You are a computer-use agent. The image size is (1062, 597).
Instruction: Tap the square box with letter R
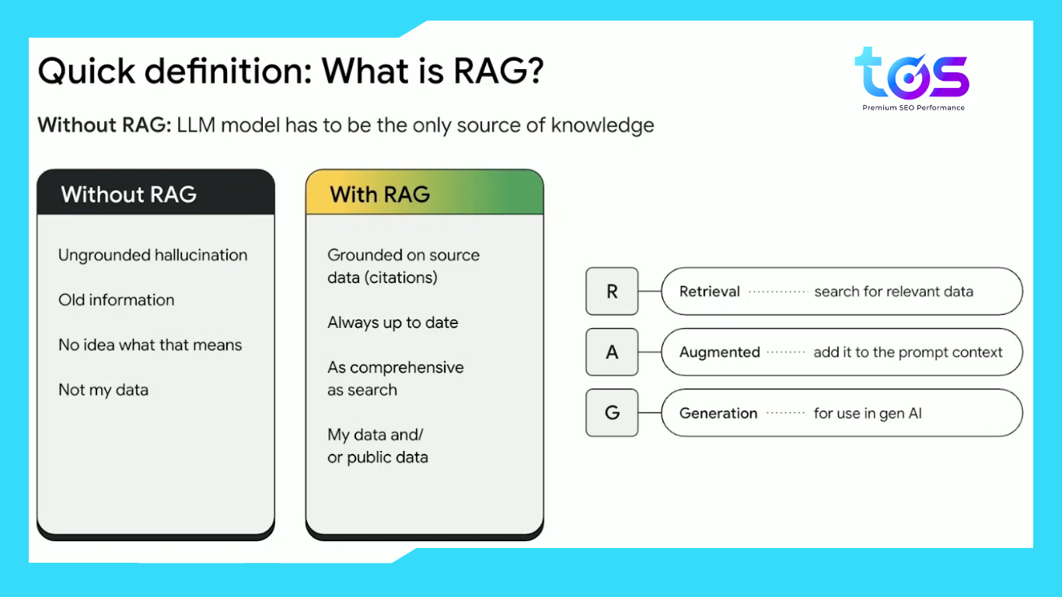(612, 292)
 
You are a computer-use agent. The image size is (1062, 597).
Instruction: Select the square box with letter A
(612, 352)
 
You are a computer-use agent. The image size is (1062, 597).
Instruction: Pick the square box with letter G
(612, 413)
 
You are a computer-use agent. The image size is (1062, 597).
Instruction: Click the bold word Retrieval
(709, 292)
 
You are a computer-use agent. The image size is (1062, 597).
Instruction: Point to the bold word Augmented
(720, 352)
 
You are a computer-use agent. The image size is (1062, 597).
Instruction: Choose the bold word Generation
(718, 414)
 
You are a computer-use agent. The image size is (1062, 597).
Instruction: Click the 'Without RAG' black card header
(156, 192)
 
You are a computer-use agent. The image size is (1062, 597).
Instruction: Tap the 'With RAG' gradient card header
(424, 192)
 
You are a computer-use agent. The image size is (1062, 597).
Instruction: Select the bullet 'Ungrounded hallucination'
(152, 256)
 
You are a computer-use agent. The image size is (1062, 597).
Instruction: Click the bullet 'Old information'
(116, 300)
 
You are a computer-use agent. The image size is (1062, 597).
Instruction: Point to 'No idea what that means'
(150, 344)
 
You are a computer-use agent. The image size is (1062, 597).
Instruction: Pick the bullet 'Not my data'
(103, 390)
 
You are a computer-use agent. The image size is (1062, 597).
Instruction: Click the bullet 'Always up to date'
(393, 323)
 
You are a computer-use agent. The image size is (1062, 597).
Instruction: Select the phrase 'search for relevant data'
(894, 292)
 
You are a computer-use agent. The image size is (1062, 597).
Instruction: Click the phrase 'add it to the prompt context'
(908, 352)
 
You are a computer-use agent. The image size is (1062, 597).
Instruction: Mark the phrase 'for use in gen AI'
(868, 414)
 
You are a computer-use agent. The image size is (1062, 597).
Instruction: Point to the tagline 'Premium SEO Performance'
(914, 107)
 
